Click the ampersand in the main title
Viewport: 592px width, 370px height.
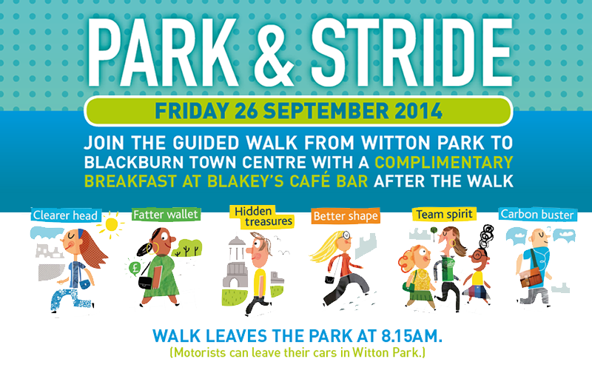[x=274, y=52]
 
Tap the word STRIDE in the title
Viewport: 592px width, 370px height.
[x=411, y=52]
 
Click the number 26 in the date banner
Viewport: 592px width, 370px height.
[x=246, y=111]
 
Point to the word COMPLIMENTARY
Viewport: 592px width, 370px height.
[x=443, y=162]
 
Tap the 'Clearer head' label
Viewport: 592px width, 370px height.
[x=66, y=215]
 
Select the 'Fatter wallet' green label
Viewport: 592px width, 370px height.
[x=166, y=215]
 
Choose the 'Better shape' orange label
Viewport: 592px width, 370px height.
[x=346, y=216]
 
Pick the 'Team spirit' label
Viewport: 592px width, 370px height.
[x=444, y=214]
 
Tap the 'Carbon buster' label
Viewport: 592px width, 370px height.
[x=537, y=215]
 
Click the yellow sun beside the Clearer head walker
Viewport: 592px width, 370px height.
[x=112, y=225]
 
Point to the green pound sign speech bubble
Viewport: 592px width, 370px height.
[x=135, y=268]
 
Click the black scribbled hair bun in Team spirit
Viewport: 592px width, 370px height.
[x=486, y=235]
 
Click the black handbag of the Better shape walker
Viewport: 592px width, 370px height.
[x=329, y=280]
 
